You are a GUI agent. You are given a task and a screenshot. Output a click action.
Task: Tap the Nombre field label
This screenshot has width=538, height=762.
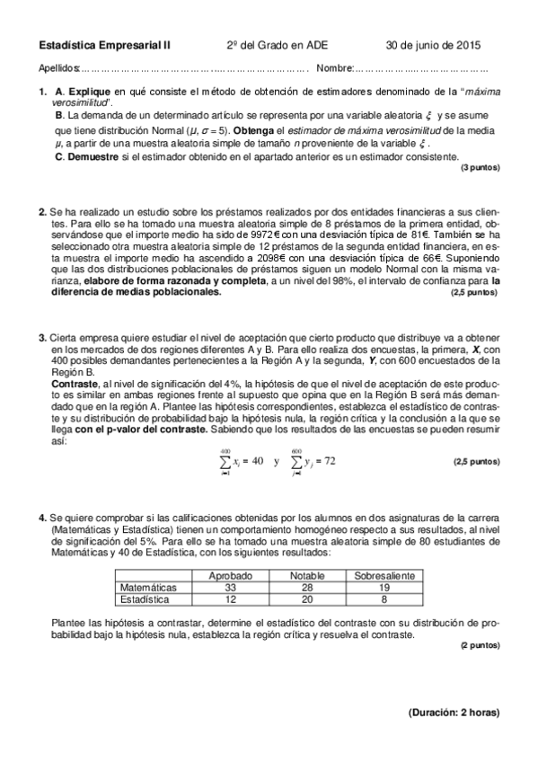click(x=334, y=68)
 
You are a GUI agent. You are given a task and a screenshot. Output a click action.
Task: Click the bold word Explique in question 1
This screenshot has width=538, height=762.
click(x=89, y=93)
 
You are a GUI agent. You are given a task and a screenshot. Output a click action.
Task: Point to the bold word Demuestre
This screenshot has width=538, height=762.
click(x=93, y=156)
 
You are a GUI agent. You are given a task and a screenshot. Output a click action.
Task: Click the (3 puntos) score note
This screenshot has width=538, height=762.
click(x=480, y=168)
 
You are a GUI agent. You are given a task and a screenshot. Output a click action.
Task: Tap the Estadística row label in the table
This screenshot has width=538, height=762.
click(x=145, y=598)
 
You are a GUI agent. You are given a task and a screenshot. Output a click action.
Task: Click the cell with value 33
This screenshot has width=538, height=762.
click(x=229, y=587)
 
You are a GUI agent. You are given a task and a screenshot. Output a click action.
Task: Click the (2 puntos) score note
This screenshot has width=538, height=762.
click(x=480, y=645)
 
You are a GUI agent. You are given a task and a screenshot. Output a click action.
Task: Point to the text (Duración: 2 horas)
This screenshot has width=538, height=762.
click(x=454, y=713)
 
